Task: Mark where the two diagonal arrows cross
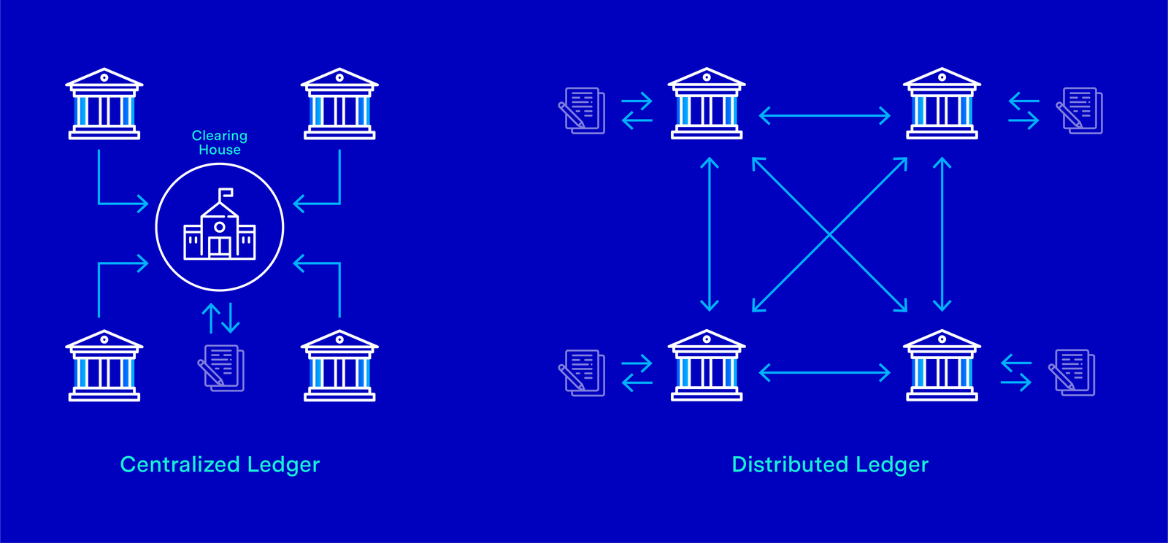[x=829, y=235]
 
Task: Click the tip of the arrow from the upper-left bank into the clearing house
[x=148, y=204]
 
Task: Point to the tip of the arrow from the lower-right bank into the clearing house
[x=293, y=263]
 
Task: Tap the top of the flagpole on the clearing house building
[x=220, y=188]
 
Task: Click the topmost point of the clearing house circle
[x=220, y=163]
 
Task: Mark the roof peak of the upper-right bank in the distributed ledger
[x=942, y=69]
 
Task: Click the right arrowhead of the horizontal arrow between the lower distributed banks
[x=890, y=373]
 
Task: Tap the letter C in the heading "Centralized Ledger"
[x=128, y=464]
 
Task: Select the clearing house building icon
[x=220, y=223]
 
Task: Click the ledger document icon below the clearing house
[x=221, y=368]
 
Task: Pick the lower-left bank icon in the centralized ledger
[x=104, y=366]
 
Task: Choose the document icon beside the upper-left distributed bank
[x=582, y=110]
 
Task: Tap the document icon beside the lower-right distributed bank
[x=1072, y=373]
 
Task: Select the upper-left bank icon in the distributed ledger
[x=707, y=103]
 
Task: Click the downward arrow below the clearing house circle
[x=231, y=318]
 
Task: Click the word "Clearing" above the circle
[x=220, y=136]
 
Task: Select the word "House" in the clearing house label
[x=220, y=150]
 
